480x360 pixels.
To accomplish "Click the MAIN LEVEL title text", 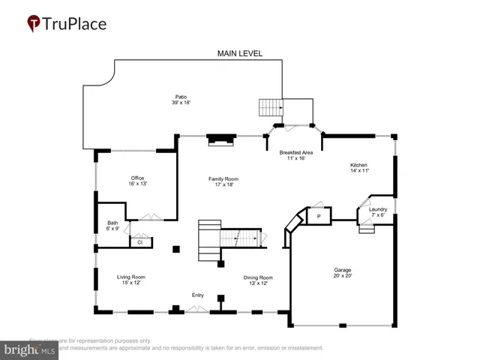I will [x=239, y=53].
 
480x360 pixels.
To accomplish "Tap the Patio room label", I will [x=181, y=97].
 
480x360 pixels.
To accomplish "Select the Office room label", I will [x=137, y=178].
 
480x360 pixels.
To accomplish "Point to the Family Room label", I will [x=223, y=178].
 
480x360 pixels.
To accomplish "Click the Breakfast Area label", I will [x=296, y=152].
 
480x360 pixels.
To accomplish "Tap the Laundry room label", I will [x=378, y=209].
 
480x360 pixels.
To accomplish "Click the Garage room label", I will [x=343, y=269].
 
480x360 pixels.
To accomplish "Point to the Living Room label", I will [x=130, y=277].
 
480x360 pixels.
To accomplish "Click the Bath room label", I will [x=112, y=222].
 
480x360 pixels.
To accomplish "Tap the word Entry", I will [x=198, y=295].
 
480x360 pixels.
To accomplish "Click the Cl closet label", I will [x=140, y=241].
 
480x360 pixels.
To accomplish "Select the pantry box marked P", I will [x=319, y=216].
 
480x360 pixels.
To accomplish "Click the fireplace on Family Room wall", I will [x=221, y=138].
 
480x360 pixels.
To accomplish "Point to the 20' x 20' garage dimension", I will [x=343, y=276].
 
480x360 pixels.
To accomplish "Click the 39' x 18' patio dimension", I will [x=181, y=103].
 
